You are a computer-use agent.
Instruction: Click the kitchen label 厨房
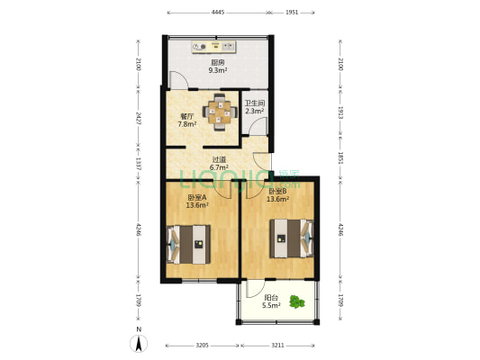(x=218, y=62)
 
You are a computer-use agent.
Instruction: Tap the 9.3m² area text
(x=218, y=70)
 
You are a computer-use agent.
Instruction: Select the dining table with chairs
(x=220, y=112)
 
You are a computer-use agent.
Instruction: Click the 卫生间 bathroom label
(x=255, y=103)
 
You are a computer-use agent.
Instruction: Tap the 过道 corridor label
(x=218, y=159)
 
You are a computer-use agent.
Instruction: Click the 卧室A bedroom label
(x=197, y=198)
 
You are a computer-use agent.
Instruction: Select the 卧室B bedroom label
(x=277, y=192)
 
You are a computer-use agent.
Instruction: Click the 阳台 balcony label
(x=270, y=297)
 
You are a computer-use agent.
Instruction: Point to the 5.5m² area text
(x=270, y=306)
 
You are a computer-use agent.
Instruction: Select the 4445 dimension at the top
(x=218, y=13)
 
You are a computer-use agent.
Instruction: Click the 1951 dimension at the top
(x=293, y=13)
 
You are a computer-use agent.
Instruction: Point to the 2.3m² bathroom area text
(x=255, y=112)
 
